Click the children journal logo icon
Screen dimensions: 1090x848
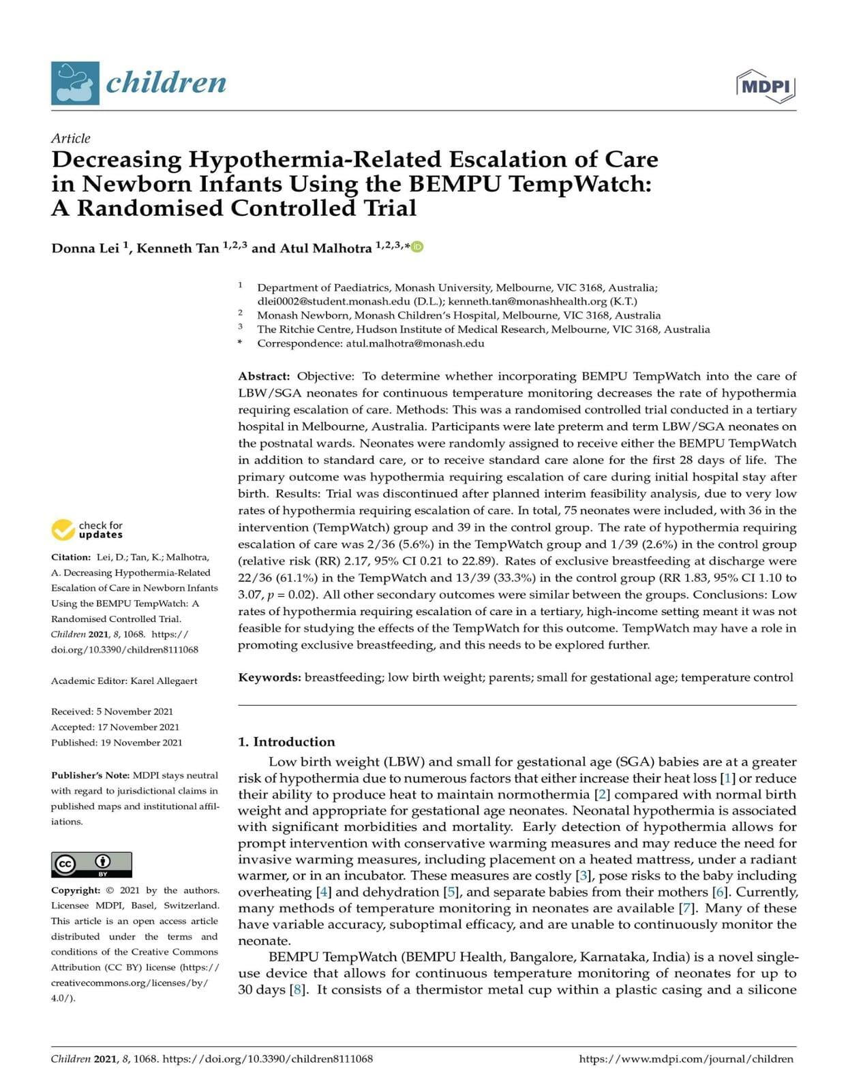click(75, 83)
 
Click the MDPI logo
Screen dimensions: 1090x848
click(766, 87)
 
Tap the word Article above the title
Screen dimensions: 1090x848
click(70, 138)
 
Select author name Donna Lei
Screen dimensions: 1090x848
click(85, 249)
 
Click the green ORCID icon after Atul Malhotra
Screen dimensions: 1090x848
click(417, 247)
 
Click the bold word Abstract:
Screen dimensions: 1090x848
click(264, 376)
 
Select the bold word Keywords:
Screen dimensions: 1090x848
click(269, 677)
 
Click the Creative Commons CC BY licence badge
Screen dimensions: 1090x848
click(91, 865)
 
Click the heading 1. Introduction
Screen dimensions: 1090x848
click(286, 742)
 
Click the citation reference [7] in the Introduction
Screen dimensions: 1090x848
click(688, 908)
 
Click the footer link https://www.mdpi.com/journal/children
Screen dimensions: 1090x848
click(686, 1059)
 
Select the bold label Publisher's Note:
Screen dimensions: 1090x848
click(91, 775)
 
